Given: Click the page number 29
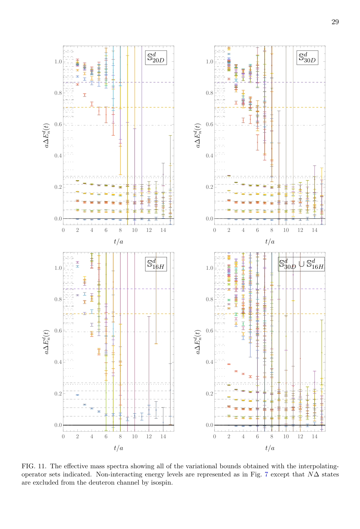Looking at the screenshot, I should point(335,22).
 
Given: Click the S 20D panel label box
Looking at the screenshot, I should point(156,57).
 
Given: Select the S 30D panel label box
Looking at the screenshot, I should point(307,57).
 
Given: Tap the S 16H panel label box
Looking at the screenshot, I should point(156,264).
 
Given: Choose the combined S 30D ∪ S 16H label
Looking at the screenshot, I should point(301,264).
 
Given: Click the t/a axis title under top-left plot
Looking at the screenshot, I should point(118,242).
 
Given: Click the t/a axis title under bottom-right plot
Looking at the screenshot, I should point(270,448).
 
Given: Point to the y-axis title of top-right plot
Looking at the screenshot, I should point(198,135).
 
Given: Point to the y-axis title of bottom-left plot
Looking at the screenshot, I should point(47,342).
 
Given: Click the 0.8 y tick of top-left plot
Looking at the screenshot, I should point(58,93).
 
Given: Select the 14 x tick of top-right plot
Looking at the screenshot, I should point(314,230).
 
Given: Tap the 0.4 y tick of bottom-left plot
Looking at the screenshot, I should point(58,362).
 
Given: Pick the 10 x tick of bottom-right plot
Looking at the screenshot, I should point(286,437).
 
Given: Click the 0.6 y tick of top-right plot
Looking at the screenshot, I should point(209,124).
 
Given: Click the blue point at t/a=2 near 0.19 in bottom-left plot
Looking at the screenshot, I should point(77,395).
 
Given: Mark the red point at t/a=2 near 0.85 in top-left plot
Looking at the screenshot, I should point(77,85).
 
